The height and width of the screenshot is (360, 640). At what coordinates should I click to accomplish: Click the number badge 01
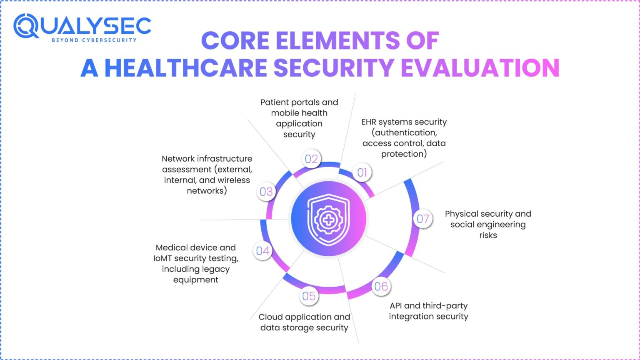click(362, 172)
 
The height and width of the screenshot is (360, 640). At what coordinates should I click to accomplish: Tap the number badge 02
click(312, 159)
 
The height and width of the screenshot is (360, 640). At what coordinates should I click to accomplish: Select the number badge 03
click(266, 192)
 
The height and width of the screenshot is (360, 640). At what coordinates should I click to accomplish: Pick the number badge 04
click(263, 251)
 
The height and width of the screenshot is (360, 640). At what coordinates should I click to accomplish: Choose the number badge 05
click(309, 296)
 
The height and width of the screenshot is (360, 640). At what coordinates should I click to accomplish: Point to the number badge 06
click(381, 287)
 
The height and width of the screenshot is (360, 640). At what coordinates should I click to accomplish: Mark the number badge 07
click(423, 219)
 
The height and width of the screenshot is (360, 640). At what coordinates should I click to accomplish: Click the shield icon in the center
click(328, 219)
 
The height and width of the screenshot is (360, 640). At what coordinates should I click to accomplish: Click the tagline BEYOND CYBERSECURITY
click(94, 40)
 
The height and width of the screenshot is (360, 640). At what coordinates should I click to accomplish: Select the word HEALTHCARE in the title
click(186, 68)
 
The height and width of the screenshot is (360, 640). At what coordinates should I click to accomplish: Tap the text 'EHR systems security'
click(404, 122)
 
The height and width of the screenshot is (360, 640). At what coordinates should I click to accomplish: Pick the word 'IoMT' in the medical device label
click(162, 258)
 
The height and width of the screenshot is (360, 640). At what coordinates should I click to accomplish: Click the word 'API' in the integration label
click(396, 306)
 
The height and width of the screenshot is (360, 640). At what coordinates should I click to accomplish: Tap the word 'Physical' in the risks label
click(461, 214)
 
